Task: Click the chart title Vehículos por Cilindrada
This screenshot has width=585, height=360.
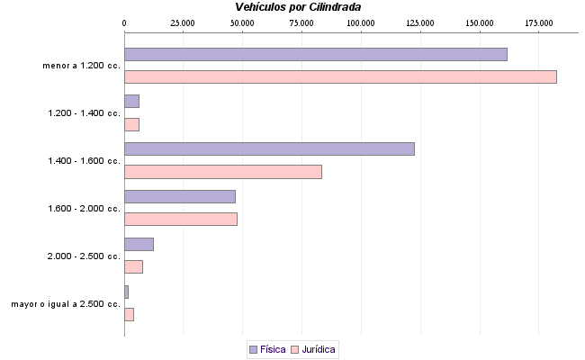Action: coord(298,7)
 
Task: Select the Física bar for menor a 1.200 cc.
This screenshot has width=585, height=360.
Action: coord(315,54)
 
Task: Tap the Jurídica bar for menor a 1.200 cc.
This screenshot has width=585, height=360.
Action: coord(340,76)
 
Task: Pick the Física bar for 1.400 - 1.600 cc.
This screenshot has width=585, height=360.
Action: coord(269,148)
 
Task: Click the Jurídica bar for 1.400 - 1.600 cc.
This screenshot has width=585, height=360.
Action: coord(222,172)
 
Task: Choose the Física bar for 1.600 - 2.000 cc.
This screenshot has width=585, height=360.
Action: coord(179,196)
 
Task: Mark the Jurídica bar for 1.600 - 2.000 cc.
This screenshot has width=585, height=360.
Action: coord(180,219)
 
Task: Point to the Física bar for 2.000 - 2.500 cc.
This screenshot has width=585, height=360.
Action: coord(139,244)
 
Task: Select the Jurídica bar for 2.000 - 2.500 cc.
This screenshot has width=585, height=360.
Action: coord(133,266)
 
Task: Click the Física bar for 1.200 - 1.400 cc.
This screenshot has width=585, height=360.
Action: coord(131,102)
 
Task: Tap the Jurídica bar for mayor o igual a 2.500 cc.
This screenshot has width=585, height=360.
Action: coord(129,314)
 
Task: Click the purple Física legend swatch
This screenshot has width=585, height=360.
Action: coord(253,348)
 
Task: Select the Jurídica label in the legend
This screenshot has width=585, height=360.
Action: coord(319,348)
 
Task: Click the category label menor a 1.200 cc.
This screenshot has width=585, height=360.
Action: coord(81,66)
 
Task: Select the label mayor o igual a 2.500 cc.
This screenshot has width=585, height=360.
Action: coord(66,304)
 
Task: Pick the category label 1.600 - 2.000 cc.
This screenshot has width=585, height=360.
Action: coord(84,208)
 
